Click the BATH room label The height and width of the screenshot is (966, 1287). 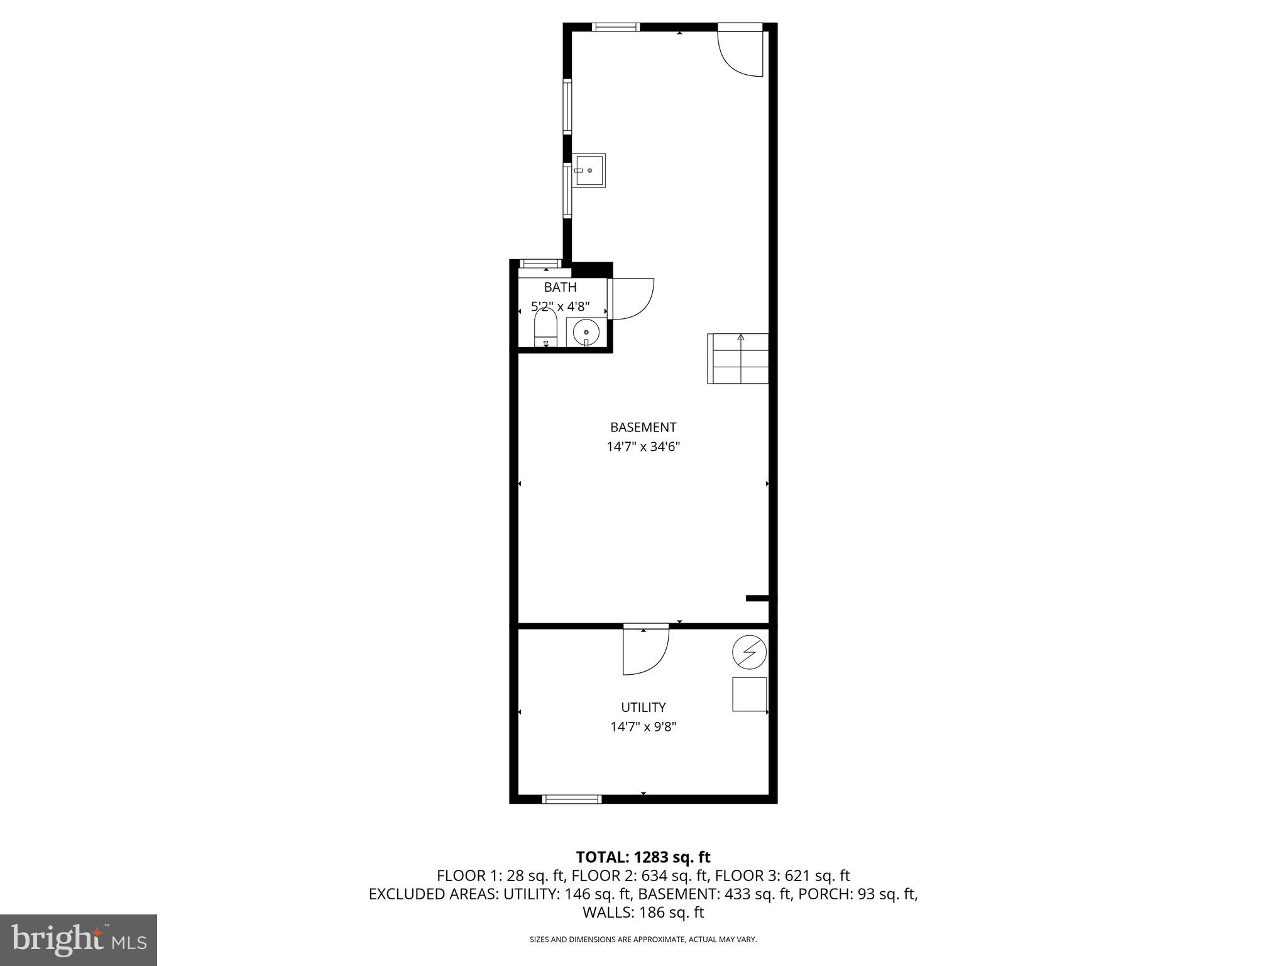click(x=560, y=287)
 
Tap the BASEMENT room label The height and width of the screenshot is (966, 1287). click(x=643, y=428)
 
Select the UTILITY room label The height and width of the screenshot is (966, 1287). click(x=643, y=708)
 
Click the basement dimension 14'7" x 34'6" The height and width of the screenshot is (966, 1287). click(x=643, y=447)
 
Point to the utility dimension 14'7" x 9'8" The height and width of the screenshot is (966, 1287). click(x=643, y=727)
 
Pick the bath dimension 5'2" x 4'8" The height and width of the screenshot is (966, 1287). click(x=560, y=307)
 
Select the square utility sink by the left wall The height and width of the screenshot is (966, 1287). click(x=589, y=170)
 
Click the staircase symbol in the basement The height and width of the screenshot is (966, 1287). click(x=738, y=358)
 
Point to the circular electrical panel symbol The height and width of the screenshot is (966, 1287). click(x=749, y=653)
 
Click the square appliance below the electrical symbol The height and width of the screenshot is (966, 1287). click(x=749, y=694)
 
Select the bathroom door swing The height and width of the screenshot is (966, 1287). click(x=632, y=299)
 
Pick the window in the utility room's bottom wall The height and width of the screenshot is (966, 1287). click(x=572, y=799)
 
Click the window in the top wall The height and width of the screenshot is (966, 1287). click(x=616, y=27)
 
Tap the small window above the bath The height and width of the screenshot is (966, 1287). click(x=541, y=264)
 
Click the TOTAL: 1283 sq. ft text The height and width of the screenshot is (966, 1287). click(x=643, y=857)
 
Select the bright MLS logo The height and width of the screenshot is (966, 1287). click(x=79, y=940)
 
